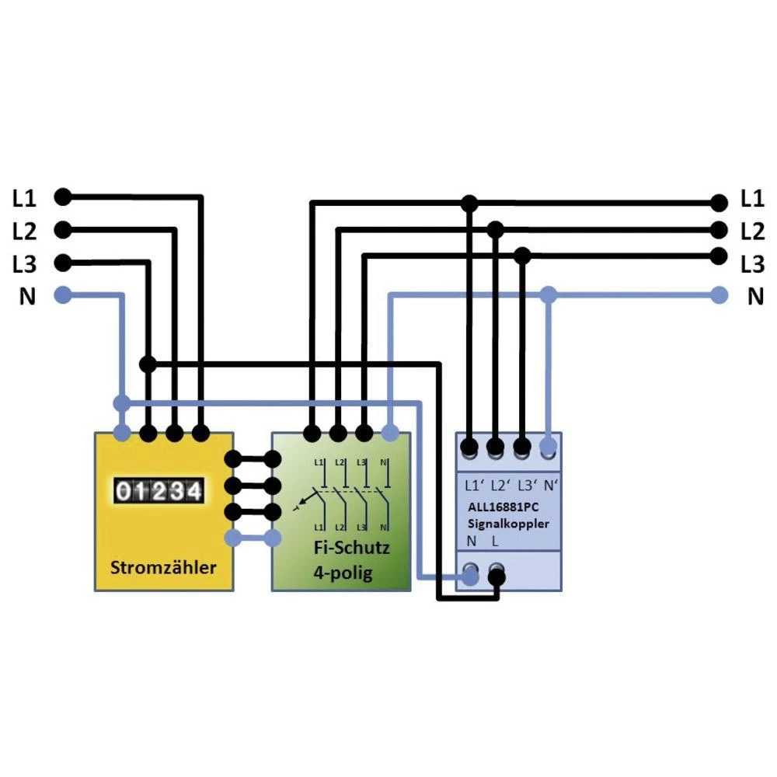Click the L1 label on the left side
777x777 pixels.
click(24, 198)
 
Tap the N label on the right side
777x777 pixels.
click(754, 296)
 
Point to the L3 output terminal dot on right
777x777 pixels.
click(720, 256)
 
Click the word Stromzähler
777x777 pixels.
click(163, 566)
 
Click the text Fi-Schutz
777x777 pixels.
click(351, 548)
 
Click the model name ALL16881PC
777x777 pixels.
click(504, 508)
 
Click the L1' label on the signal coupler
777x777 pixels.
click(474, 486)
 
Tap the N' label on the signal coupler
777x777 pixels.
click(550, 486)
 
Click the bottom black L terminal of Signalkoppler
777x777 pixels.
click(497, 576)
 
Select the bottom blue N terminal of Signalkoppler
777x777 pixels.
click(470, 576)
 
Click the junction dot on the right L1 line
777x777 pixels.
click(469, 204)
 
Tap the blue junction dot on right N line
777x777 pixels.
click(549, 294)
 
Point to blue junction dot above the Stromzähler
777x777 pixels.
click(121, 402)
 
